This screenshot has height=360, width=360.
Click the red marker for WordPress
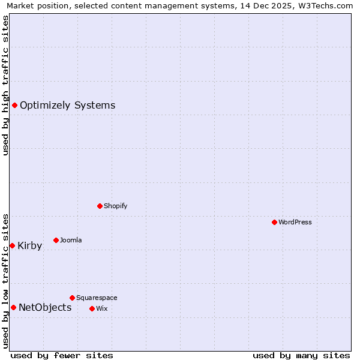point(274,222)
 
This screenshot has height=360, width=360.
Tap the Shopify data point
point(100,206)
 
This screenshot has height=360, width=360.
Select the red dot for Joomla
point(56,240)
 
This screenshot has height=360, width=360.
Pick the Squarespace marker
point(72,298)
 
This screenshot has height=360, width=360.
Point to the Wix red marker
point(92,308)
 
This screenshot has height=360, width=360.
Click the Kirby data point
point(12,245)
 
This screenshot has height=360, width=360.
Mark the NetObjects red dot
point(13,308)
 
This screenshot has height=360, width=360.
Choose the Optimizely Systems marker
point(14,106)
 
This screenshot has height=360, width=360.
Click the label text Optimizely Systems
point(67,106)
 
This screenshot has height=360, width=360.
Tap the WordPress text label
point(295,222)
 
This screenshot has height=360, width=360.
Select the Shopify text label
point(115,206)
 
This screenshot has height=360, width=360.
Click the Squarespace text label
point(97,298)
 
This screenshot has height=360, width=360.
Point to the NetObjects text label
point(45,308)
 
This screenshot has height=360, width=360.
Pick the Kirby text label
point(30,245)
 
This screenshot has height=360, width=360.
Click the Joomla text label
point(71,240)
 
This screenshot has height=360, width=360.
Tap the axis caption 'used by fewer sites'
point(62,355)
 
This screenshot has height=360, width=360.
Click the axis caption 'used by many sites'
point(301,355)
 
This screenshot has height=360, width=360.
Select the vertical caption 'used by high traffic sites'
point(6,85)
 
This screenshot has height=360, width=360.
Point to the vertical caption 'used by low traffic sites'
point(6,280)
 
